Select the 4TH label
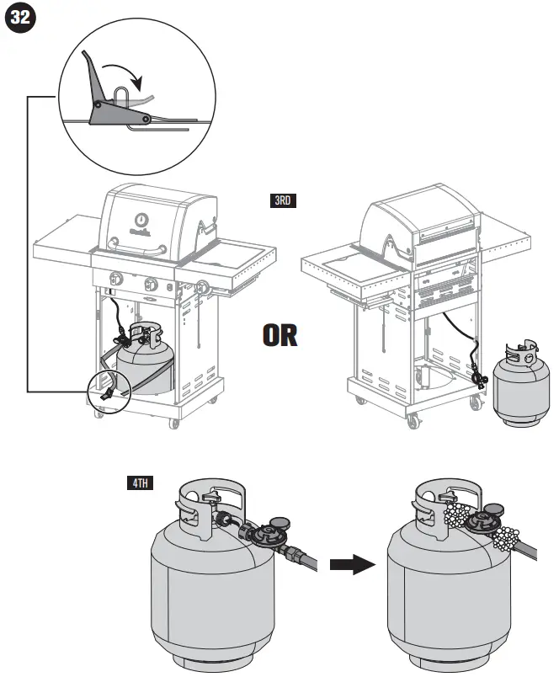139,483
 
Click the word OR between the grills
279,336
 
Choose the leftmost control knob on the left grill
116,280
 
